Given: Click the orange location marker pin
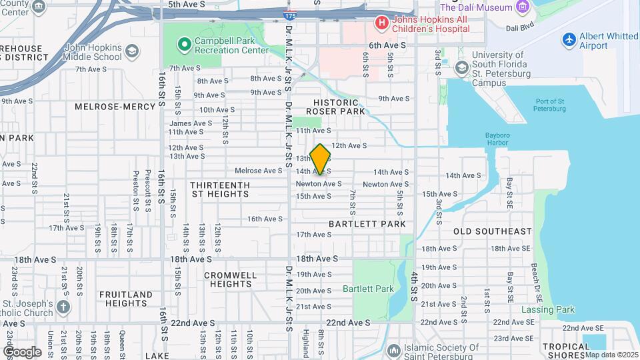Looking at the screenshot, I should [x=321, y=159].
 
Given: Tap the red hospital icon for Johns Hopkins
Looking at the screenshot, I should [x=381, y=23].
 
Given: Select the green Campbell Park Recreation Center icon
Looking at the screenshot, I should [x=185, y=45].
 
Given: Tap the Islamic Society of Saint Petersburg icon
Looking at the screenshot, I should [x=393, y=349].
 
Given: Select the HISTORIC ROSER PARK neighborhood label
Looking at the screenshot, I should [x=336, y=107].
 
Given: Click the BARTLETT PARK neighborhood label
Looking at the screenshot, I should [x=367, y=225].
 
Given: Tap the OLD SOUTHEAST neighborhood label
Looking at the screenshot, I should [x=493, y=231].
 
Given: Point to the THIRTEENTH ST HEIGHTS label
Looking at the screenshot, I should [x=220, y=189].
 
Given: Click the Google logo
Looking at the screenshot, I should [x=22, y=351].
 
